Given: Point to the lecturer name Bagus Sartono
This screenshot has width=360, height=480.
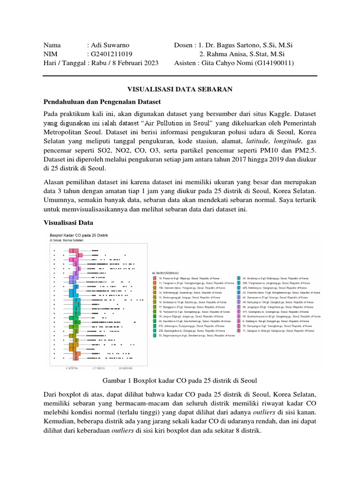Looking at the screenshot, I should click(x=238, y=45).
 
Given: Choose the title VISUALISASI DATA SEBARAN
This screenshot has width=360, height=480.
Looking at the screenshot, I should click(x=180, y=89).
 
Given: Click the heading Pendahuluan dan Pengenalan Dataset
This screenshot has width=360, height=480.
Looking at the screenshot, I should click(x=102, y=101).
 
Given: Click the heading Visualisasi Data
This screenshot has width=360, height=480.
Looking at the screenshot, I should click(x=68, y=222).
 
